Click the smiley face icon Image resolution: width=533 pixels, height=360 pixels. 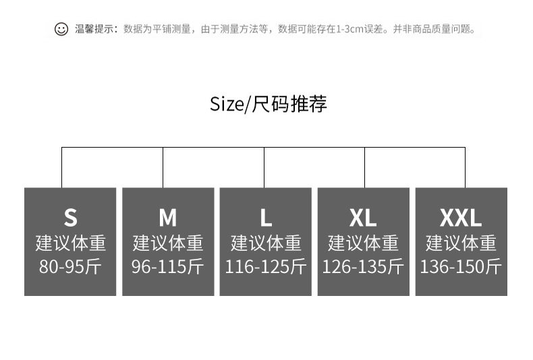[61, 29]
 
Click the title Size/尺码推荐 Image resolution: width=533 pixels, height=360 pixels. [268, 104]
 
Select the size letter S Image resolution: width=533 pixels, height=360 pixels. [70, 218]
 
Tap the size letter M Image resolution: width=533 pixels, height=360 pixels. [167, 218]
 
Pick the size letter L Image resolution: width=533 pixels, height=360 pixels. [265, 218]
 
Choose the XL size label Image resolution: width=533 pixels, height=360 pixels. [363, 218]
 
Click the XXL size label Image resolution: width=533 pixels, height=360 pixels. [461, 218]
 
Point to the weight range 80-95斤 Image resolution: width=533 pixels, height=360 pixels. [70, 266]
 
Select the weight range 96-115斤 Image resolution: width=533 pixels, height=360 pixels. [167, 266]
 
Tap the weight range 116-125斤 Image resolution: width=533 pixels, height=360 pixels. [265, 266]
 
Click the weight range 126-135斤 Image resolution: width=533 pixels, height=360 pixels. [363, 266]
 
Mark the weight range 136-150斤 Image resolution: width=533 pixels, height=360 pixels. [461, 266]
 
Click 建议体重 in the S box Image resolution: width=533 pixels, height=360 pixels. [70, 243]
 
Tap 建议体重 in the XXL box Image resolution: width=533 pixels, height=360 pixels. [461, 243]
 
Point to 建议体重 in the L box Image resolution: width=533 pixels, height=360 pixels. [265, 243]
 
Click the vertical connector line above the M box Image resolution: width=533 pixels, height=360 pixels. [163, 167]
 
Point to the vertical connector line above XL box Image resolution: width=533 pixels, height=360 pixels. [364, 167]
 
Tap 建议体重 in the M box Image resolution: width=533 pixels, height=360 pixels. [167, 243]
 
